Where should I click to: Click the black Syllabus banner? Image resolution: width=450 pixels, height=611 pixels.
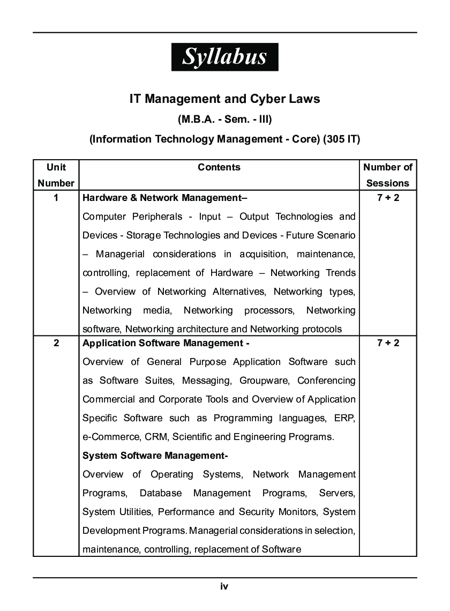click(224, 57)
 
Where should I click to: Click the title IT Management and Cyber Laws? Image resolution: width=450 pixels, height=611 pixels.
click(224, 99)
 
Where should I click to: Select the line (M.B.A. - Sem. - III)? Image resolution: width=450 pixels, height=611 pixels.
click(224, 119)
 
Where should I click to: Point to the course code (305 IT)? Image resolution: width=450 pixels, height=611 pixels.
click(342, 139)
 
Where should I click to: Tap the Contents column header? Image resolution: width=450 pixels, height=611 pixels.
click(219, 167)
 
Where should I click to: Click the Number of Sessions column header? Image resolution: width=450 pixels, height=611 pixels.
click(388, 175)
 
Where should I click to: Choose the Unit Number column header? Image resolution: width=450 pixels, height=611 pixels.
click(56, 175)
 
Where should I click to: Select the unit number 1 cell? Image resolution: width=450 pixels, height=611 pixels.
click(56, 198)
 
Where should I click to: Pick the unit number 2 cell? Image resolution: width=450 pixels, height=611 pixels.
click(56, 343)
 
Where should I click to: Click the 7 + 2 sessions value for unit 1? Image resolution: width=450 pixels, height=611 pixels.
click(388, 198)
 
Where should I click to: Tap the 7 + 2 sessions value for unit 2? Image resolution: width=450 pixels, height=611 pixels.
click(388, 343)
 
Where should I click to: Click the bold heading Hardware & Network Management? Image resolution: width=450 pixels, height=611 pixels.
click(164, 198)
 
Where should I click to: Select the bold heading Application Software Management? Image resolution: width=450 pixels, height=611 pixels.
click(166, 343)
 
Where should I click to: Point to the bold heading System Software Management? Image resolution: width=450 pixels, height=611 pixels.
click(155, 456)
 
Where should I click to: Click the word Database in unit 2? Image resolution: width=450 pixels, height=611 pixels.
click(161, 493)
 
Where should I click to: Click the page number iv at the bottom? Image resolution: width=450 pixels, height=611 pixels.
click(224, 586)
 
